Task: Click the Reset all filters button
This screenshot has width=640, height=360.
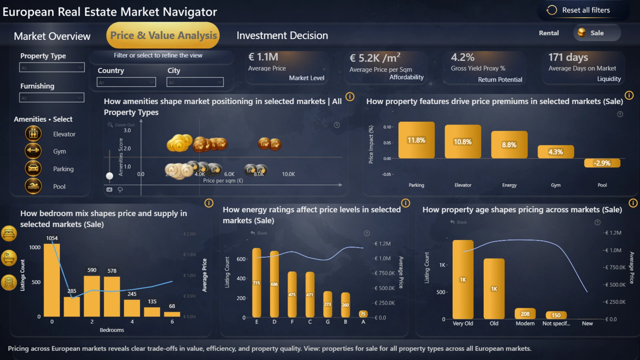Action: (x=579, y=10)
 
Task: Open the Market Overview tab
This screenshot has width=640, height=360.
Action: (x=52, y=36)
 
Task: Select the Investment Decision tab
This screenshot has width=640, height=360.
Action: (x=282, y=35)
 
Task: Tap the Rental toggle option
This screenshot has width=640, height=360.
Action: (x=549, y=33)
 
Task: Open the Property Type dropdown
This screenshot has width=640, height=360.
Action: (x=52, y=68)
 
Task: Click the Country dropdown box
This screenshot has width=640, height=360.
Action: (x=126, y=82)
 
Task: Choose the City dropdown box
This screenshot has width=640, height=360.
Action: (x=195, y=82)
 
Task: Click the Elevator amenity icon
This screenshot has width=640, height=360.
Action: (x=33, y=134)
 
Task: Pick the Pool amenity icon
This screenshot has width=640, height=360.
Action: (x=33, y=186)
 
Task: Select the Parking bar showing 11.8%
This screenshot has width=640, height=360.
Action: (x=416, y=140)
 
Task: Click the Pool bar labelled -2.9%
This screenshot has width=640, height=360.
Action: (x=602, y=163)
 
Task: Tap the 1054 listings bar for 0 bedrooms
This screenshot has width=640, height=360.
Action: (x=52, y=280)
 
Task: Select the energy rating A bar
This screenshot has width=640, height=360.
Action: (x=363, y=314)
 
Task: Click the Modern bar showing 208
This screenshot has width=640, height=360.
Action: (x=525, y=314)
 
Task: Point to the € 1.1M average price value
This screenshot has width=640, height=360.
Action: (x=263, y=57)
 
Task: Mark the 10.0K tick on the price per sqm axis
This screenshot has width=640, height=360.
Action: (x=288, y=174)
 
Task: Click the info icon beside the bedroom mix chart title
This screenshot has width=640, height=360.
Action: (x=209, y=203)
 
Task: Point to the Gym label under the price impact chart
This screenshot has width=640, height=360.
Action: (x=556, y=185)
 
